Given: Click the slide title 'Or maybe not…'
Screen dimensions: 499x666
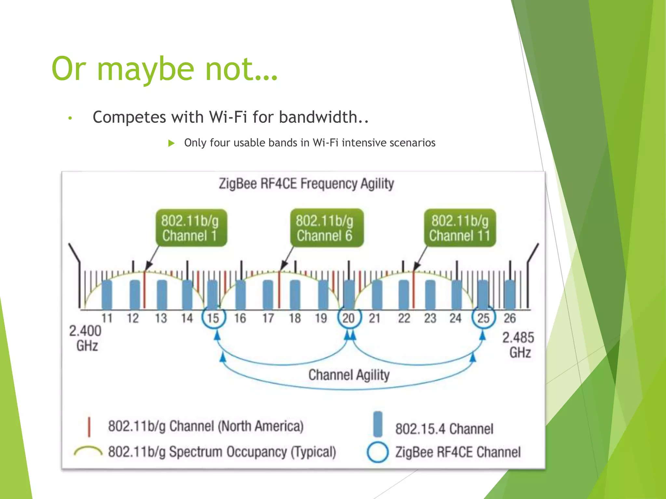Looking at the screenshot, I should [165, 69].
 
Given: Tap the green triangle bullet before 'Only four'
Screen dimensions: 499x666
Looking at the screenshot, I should [171, 143].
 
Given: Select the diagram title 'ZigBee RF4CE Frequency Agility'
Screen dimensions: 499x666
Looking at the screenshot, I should [306, 184].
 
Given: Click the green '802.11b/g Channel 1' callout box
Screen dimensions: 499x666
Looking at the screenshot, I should [191, 228].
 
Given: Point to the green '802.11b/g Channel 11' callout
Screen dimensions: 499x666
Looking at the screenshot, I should [460, 228].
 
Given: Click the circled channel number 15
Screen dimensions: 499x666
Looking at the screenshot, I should [213, 318].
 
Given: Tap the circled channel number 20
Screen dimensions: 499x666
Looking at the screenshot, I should [349, 318].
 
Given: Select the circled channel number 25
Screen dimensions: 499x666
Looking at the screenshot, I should [484, 318].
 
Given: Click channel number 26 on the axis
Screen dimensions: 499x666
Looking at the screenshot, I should [510, 318].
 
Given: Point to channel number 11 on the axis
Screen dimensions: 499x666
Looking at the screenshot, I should [107, 318].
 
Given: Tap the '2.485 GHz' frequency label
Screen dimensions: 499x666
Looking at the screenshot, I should [519, 345].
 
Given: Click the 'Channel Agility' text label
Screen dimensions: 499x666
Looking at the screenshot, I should [349, 375].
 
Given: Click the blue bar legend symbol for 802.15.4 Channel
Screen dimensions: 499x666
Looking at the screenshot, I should [378, 424].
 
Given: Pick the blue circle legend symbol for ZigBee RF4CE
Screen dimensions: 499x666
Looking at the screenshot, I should [378, 452].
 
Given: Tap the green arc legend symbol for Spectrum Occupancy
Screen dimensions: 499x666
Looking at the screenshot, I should [88, 451].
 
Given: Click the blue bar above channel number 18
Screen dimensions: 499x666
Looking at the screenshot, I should [295, 294].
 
